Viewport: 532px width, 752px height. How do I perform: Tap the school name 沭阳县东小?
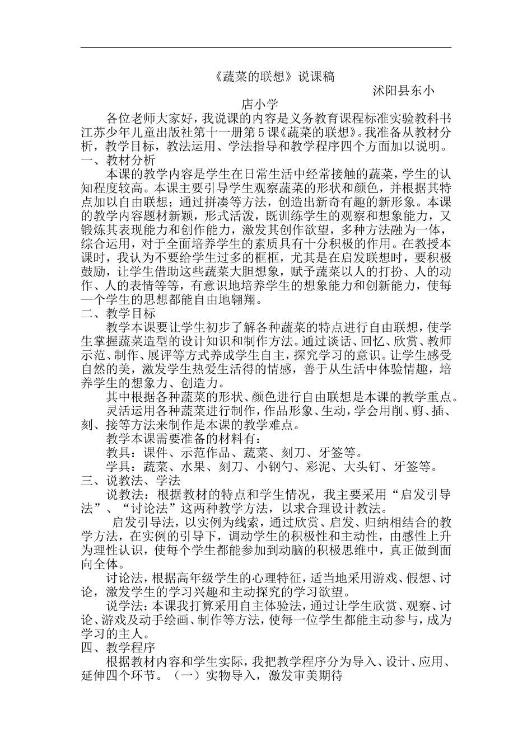403,90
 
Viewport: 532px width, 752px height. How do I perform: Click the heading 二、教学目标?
117,314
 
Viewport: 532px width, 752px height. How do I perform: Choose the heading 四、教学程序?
117,647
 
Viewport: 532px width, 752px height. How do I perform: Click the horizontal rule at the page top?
265,48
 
